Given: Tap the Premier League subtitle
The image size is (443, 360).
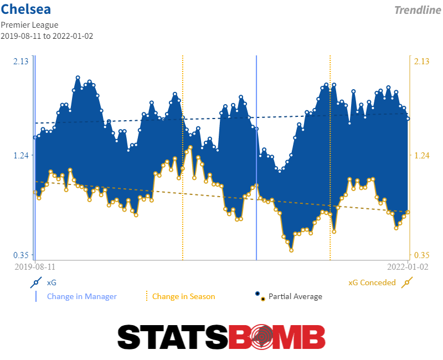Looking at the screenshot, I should (x=29, y=25).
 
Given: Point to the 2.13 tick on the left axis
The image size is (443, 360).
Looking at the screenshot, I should (x=21, y=61).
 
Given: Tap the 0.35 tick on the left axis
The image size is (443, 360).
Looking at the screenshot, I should (x=21, y=255).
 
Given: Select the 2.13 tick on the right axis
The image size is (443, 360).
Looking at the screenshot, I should (x=422, y=61).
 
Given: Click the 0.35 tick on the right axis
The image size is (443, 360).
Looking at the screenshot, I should (x=422, y=255).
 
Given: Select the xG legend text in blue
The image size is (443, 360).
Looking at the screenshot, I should (x=51, y=282).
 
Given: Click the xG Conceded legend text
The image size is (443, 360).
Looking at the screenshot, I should (x=372, y=282).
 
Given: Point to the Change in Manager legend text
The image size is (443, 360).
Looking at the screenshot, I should (x=82, y=296).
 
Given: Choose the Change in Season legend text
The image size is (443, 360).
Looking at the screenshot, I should (x=183, y=296).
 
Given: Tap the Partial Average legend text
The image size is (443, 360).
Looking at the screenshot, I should (x=295, y=296).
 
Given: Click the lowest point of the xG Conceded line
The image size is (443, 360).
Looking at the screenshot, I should (x=291, y=250).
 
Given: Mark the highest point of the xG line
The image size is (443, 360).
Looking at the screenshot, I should (x=78, y=78).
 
